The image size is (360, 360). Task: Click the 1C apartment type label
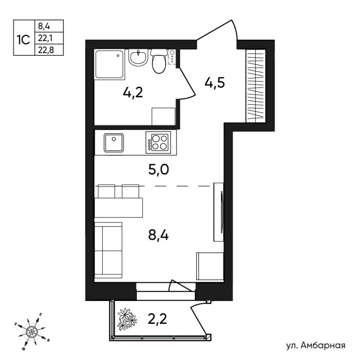23,40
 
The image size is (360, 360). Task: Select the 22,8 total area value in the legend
46,50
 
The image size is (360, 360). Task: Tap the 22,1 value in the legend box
45,38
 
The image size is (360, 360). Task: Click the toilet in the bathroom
159,61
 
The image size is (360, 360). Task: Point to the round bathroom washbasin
138,58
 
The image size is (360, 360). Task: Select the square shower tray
109,64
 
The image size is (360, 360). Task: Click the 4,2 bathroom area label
133,93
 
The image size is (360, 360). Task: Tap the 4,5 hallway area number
215,83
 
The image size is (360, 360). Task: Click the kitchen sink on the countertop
114,143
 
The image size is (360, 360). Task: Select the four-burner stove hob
158,142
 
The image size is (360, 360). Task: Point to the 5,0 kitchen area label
159,170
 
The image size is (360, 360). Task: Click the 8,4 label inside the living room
158,235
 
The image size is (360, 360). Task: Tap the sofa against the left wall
108,251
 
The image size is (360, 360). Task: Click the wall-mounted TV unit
219,212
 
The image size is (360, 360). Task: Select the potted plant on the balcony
127,319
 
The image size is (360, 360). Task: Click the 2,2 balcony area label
157,319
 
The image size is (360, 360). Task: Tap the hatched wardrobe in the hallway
256,86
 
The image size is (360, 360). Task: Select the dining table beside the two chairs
118,207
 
